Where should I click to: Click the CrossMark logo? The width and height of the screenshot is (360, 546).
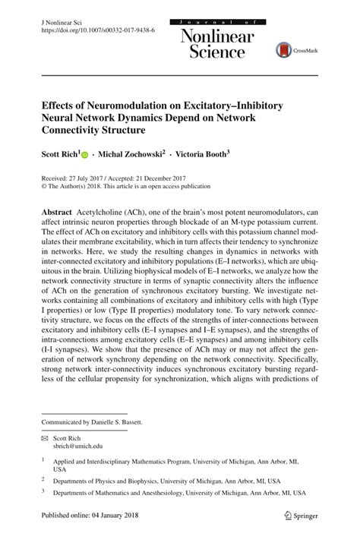click(292, 50)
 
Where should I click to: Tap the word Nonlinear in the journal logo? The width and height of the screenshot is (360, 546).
click(216, 35)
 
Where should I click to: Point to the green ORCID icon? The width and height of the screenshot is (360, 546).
click(85, 153)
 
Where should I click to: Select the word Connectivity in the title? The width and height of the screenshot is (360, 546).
click(74, 130)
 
